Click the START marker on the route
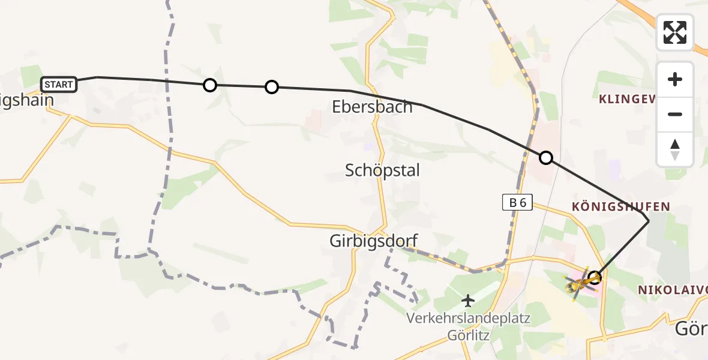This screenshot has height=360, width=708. coord(59,85)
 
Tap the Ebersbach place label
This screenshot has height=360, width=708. coord(372,107)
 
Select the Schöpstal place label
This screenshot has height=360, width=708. coord(382,170)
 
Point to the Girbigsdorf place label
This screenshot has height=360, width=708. coord(373,241)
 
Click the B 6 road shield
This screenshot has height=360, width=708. coord(517,203)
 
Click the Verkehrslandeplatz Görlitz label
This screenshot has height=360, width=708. coord(468,326)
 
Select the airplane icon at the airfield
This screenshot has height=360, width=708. coord(468,300)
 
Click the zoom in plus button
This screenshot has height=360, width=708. coord(675,79)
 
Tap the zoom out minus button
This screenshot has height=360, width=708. coord(675,114)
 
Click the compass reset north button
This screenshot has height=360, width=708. coord(675,149)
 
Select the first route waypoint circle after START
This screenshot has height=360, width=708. coord(209,85)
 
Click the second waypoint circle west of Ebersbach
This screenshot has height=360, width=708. coord(271,88)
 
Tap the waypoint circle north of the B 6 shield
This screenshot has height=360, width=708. coord(546,158)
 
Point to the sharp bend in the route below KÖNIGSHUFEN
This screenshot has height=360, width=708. coord(649,221)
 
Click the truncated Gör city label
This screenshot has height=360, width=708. coord(691,329)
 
